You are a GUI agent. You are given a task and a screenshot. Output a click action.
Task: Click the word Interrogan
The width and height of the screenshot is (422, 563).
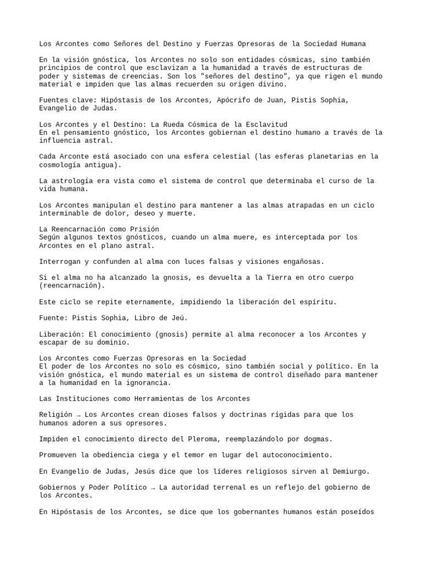60,261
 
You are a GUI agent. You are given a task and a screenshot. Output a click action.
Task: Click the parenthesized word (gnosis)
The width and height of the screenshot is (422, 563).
176,334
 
